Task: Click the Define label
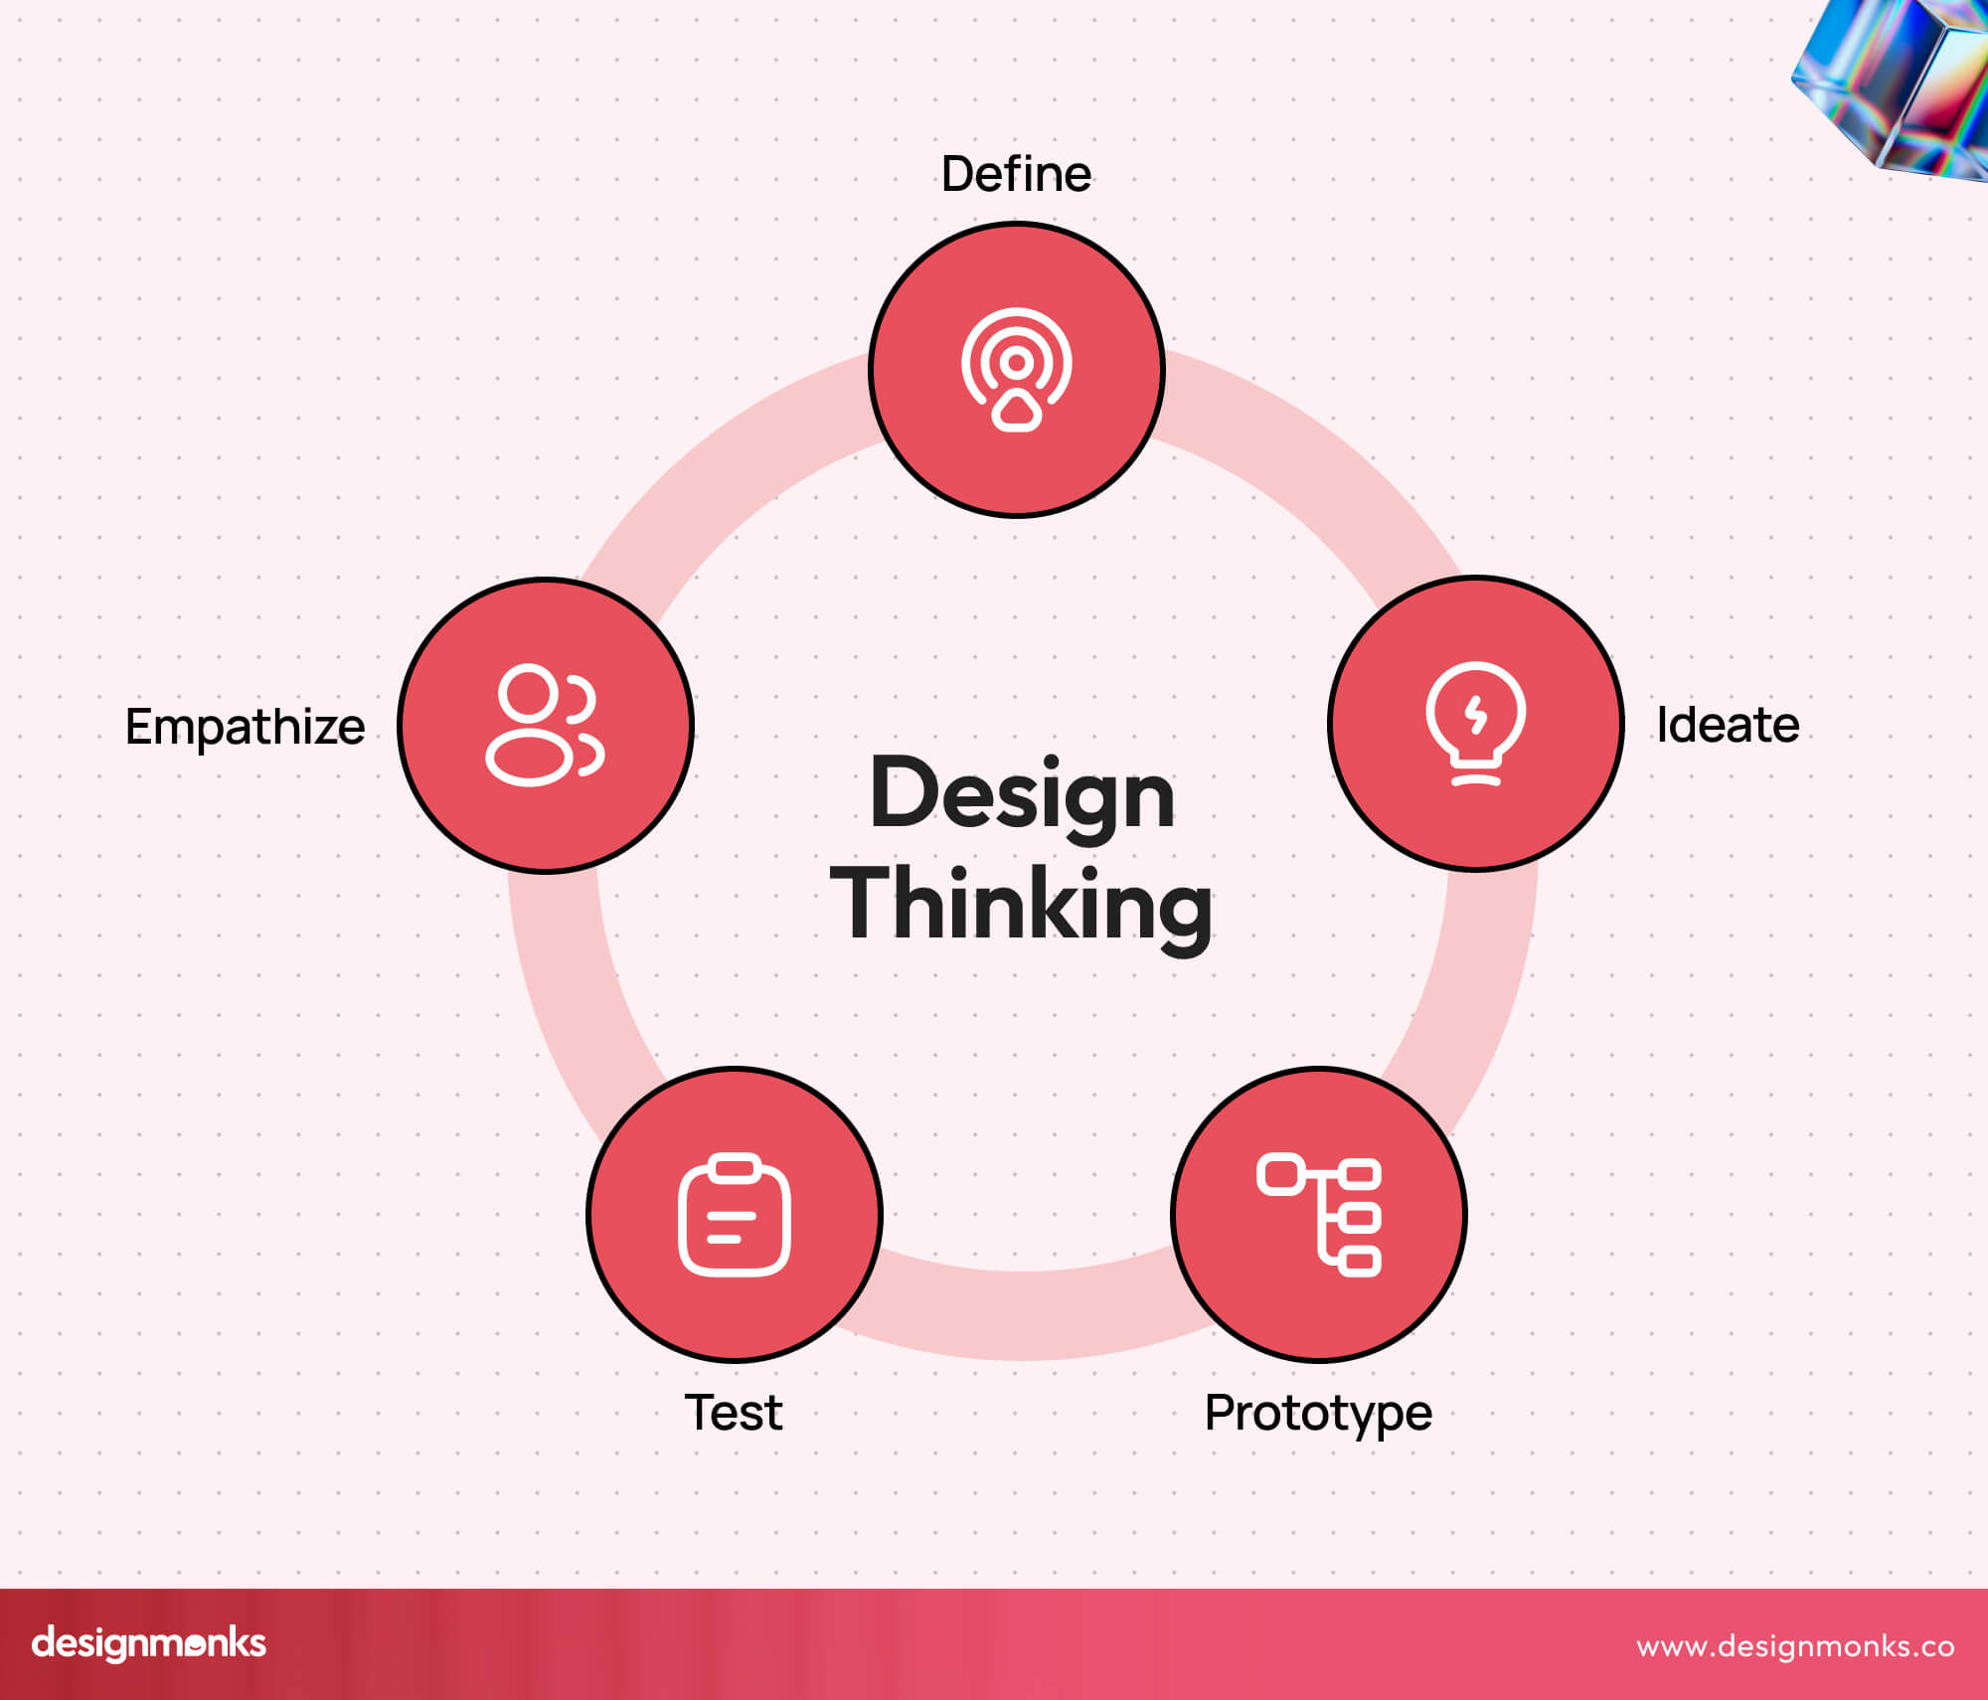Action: [1016, 174]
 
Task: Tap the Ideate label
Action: [1728, 725]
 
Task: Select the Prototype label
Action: [1318, 1413]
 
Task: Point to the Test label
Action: [734, 1413]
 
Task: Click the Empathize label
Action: [245, 727]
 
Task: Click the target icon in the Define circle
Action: [1016, 369]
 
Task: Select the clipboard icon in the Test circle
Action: [734, 1215]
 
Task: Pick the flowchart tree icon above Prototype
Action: [1319, 1215]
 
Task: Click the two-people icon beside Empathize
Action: [545, 725]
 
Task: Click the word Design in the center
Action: [1022, 794]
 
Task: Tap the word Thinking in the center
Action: [1022, 904]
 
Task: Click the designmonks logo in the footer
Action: [149, 1642]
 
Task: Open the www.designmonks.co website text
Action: [1795, 1645]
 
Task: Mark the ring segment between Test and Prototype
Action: [1024, 1314]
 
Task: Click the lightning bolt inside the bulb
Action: [1476, 715]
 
